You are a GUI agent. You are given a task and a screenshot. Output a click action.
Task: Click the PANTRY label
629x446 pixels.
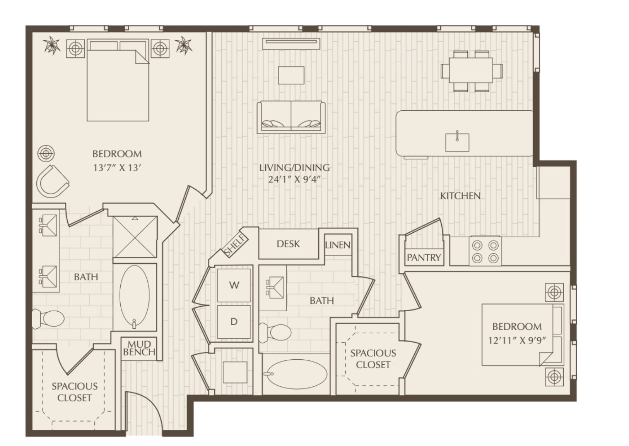[x=424, y=257]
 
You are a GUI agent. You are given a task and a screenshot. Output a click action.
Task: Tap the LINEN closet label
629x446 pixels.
[x=338, y=245]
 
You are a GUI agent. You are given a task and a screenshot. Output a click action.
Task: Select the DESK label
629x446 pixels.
[x=288, y=244]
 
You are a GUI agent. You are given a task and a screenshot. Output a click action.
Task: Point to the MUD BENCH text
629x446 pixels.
[x=139, y=348]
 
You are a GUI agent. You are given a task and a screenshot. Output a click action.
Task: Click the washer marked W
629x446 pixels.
[x=234, y=285]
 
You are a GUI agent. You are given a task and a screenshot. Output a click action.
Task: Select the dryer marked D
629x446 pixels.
[x=234, y=322]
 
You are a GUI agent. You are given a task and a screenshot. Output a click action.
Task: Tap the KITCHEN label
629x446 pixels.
[x=460, y=196]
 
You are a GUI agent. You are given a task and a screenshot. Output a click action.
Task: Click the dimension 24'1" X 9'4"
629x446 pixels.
[x=294, y=179]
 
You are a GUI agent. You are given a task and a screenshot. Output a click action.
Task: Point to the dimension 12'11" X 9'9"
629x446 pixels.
[x=517, y=340]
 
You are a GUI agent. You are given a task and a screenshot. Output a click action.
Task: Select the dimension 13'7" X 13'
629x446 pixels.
[x=117, y=168]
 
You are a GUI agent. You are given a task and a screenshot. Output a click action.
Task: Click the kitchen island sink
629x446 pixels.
[x=457, y=141]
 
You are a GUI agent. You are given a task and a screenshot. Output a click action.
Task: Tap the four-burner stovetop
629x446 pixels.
[x=485, y=251]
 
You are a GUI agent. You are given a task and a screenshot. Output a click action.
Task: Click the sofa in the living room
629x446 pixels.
[x=291, y=117]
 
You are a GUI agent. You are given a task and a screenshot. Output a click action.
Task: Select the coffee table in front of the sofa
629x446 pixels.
[x=291, y=75]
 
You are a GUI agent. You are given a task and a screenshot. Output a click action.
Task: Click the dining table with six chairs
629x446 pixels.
[x=471, y=71]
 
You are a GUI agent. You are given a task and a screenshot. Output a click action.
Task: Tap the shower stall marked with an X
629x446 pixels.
[x=135, y=237]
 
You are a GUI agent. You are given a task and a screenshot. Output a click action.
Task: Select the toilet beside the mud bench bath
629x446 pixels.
[x=48, y=318]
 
